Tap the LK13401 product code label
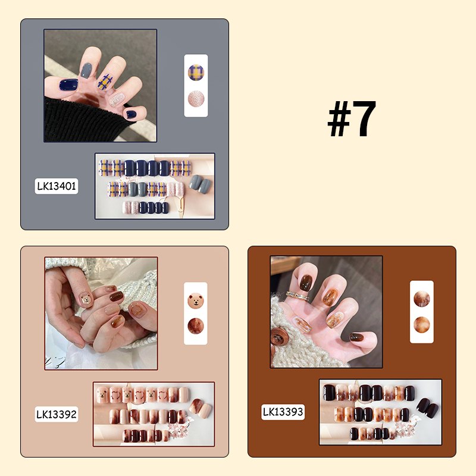[57, 186]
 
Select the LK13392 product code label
[57, 414]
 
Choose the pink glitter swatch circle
[196, 99]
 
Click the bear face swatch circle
[196, 301]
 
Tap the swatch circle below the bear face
[196, 326]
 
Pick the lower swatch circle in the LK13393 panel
[422, 325]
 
